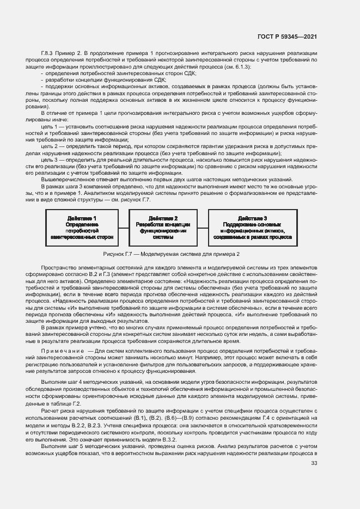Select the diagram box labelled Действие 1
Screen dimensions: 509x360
81,228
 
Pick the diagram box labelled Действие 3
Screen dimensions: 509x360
252,228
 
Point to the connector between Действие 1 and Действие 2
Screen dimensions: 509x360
123,228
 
